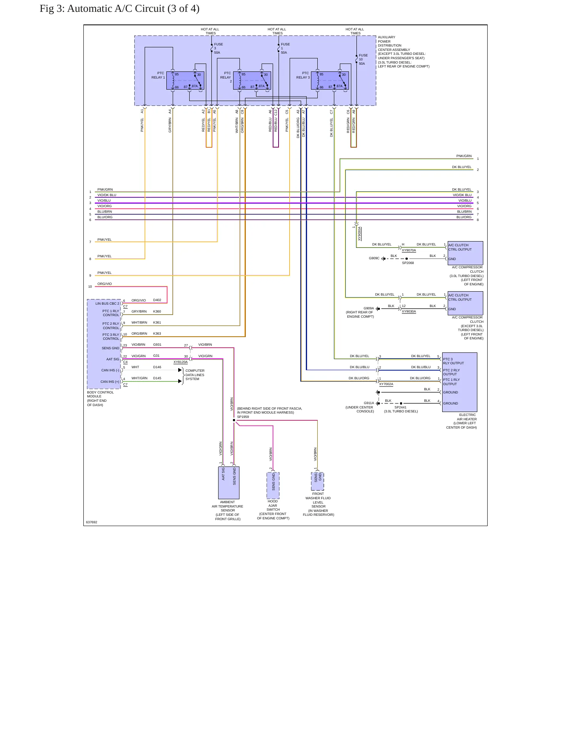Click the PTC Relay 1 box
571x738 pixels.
(185, 81)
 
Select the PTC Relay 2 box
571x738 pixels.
(252, 81)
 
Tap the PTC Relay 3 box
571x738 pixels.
(330, 81)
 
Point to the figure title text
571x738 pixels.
(119, 9)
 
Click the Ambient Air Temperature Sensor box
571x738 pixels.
(229, 483)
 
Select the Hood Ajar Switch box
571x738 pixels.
(273, 485)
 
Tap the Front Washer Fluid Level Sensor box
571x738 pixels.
(318, 481)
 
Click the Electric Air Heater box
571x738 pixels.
(460, 382)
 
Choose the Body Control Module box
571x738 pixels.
(104, 344)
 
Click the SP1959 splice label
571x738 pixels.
(243, 417)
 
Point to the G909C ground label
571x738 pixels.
(374, 258)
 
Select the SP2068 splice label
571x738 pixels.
(408, 263)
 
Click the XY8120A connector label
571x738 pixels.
(181, 362)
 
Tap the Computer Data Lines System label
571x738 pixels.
(195, 375)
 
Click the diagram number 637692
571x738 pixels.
(92, 522)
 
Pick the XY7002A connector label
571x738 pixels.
(386, 384)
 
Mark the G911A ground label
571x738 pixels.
(369, 403)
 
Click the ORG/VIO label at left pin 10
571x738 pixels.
(105, 284)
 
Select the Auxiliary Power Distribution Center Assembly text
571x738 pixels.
(403, 52)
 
